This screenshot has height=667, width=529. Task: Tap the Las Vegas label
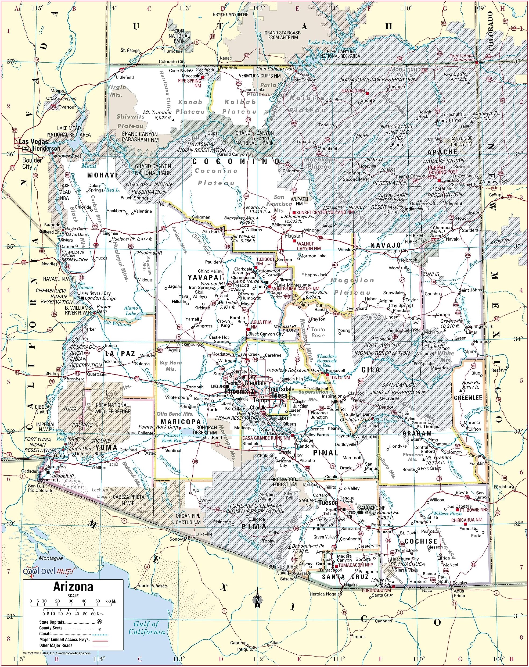click(33, 142)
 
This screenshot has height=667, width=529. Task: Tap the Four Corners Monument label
click(462, 58)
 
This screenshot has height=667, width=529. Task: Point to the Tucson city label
click(328, 503)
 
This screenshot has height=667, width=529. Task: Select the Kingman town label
click(110, 233)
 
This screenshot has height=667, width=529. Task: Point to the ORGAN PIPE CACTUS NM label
click(188, 519)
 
